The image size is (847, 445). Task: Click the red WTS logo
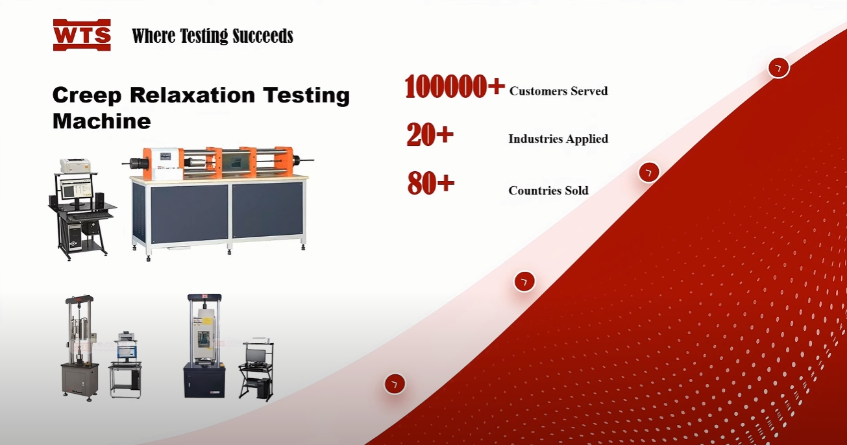tap(82, 35)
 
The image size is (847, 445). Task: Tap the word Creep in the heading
tap(87, 95)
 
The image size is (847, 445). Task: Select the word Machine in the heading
tap(102, 121)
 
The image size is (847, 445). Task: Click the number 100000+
tap(454, 86)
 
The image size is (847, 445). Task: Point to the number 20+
tap(430, 134)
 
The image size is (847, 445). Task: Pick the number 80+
tap(431, 183)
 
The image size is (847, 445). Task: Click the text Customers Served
tap(558, 91)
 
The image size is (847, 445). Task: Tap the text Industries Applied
tap(558, 139)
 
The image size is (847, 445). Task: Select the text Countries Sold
tap(548, 191)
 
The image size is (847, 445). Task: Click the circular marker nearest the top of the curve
tap(779, 68)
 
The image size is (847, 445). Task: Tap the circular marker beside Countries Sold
tap(649, 173)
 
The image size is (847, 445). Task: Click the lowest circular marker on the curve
tap(395, 384)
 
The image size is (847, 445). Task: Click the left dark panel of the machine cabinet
tap(189, 214)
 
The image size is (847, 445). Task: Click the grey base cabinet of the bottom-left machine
tap(80, 380)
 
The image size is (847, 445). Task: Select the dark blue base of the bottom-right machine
tap(204, 380)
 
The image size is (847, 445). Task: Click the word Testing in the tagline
tap(204, 36)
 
